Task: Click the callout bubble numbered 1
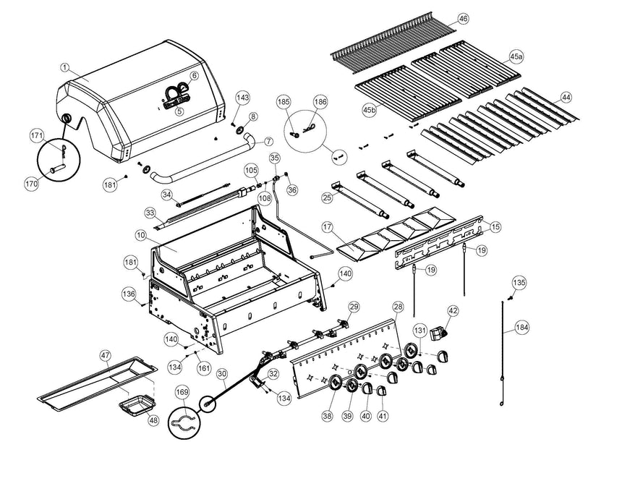click(x=64, y=68)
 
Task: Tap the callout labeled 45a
click(x=516, y=56)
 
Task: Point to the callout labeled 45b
click(x=370, y=109)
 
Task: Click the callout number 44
click(x=566, y=97)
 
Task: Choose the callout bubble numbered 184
click(x=522, y=328)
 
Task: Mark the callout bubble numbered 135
click(x=519, y=282)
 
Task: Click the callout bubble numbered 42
click(x=453, y=311)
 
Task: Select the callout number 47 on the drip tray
click(x=106, y=355)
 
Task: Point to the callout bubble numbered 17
click(x=328, y=227)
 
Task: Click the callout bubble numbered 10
click(x=140, y=235)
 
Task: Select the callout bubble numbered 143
click(x=242, y=98)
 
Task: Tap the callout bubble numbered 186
click(x=320, y=103)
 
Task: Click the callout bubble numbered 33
click(x=150, y=213)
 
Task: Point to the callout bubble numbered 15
click(x=495, y=227)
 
